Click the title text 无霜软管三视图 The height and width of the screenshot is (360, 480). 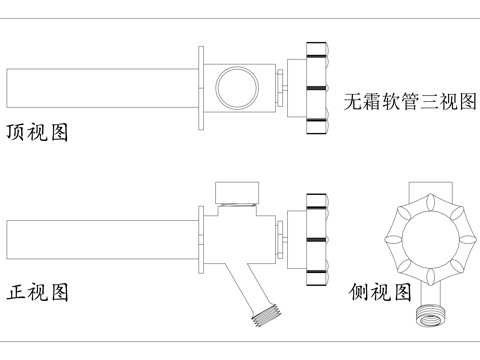pyautogui.click(x=408, y=101)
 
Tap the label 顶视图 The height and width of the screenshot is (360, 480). pyautogui.click(x=37, y=132)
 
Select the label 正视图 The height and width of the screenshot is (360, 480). pyautogui.click(x=37, y=293)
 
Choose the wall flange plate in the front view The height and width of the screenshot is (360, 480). pyautogui.click(x=203, y=238)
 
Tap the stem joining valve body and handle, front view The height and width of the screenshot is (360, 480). pyautogui.click(x=281, y=240)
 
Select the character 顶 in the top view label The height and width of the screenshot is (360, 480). pyautogui.click(x=16, y=132)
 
